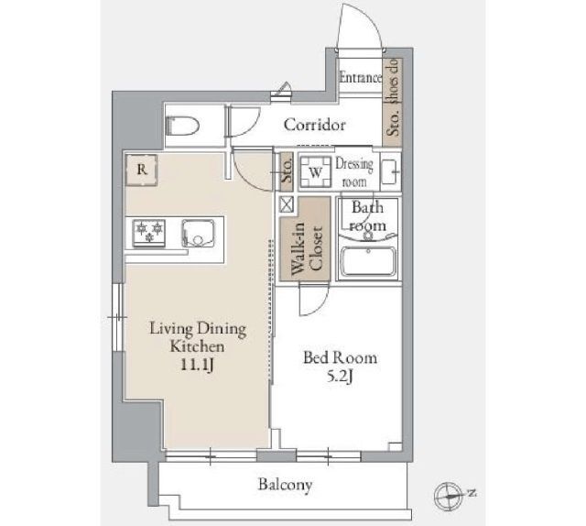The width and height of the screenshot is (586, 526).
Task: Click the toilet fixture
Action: (182, 126)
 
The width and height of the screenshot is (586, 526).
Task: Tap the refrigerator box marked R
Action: (142, 170)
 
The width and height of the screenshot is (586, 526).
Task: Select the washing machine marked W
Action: (316, 172)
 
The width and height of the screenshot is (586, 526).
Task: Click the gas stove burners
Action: (149, 233)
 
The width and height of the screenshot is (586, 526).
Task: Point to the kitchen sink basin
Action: (199, 233)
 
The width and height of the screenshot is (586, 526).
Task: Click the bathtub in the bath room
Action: (368, 261)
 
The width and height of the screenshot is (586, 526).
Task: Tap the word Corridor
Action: (314, 125)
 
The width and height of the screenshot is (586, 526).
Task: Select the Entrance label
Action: (360, 78)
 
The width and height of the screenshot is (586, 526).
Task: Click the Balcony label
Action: (285, 486)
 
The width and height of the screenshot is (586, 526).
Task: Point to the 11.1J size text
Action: (197, 365)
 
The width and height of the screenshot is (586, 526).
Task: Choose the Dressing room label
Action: (353, 172)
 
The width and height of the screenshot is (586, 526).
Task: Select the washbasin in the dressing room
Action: (391, 171)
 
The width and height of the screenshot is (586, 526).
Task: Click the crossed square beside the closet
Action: (287, 204)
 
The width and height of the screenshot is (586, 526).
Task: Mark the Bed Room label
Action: (340, 358)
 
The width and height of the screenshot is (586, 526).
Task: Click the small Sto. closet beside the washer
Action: (287, 171)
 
